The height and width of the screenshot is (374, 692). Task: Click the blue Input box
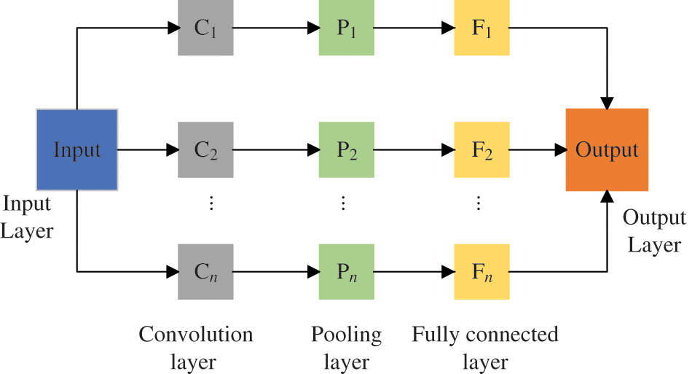coord(77,150)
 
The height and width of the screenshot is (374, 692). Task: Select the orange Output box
coord(607,150)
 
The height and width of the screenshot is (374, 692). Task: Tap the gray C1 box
coord(206,28)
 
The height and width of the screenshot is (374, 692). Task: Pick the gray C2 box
coord(206,150)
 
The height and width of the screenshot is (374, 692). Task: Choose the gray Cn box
coord(206,271)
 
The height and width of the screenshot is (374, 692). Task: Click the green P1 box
coord(347,28)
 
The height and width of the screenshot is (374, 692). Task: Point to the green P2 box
coord(347,150)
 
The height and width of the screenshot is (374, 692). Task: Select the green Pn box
coord(347,271)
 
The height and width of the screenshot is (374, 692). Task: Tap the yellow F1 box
coord(481,28)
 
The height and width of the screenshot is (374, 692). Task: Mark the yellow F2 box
coord(481,150)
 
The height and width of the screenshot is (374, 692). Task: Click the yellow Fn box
coord(481,271)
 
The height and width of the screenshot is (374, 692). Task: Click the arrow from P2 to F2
coord(414,150)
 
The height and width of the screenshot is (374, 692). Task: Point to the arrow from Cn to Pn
coord(276,272)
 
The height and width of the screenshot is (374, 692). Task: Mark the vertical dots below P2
coord(343,203)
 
